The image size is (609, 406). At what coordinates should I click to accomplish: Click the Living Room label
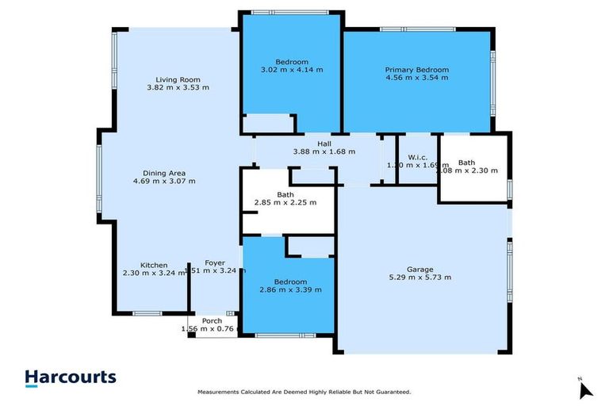click(178, 79)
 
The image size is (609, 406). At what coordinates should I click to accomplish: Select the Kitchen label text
click(154, 265)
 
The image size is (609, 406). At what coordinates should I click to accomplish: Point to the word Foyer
click(215, 263)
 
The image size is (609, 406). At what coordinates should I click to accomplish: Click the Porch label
click(212, 320)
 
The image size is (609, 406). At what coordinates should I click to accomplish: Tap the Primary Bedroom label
click(417, 70)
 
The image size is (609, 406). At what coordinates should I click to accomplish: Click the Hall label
click(324, 144)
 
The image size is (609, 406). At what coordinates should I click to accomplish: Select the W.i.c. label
click(418, 156)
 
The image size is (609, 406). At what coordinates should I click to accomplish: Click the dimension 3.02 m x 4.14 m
click(292, 70)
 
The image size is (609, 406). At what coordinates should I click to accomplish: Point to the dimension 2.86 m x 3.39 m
click(291, 289)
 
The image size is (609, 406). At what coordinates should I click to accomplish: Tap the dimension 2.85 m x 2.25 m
click(285, 202)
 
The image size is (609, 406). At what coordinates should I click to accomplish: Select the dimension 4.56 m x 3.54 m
click(417, 79)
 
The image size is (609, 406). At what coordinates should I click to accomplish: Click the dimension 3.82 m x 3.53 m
click(178, 88)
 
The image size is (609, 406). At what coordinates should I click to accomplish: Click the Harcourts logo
click(71, 378)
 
